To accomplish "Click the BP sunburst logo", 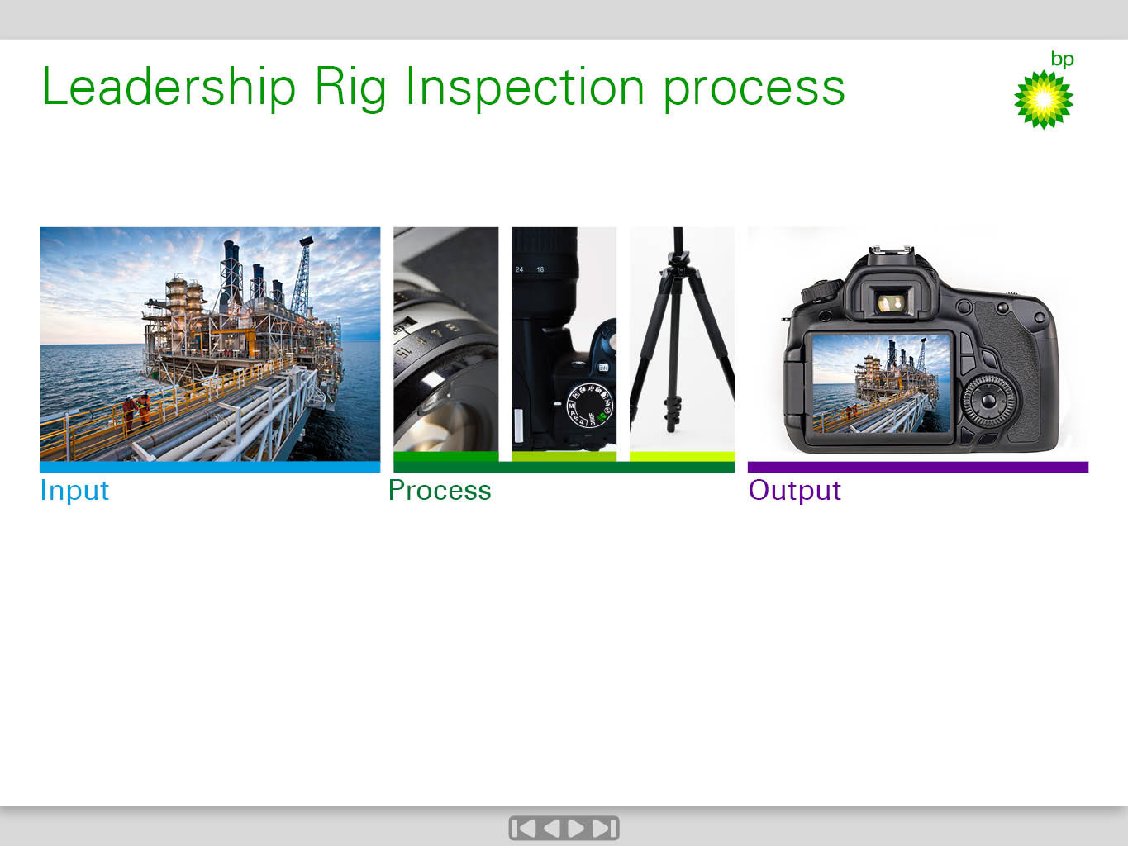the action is click(x=1043, y=100).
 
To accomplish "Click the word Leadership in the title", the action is click(x=169, y=87).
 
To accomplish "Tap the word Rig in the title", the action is click(x=350, y=88).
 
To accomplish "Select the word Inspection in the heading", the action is click(x=525, y=88).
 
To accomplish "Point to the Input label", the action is click(x=74, y=490).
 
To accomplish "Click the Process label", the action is click(x=440, y=490).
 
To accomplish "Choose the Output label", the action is click(x=794, y=490).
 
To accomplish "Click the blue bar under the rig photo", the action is click(x=210, y=467).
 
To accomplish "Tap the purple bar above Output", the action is click(x=918, y=467).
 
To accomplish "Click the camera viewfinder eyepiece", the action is click(x=891, y=302).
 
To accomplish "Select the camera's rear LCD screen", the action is click(x=881, y=383).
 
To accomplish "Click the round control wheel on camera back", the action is click(x=988, y=402).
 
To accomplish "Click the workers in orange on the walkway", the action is click(x=136, y=407).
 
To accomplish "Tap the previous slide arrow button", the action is click(x=551, y=828).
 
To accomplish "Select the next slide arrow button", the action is click(x=576, y=828).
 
